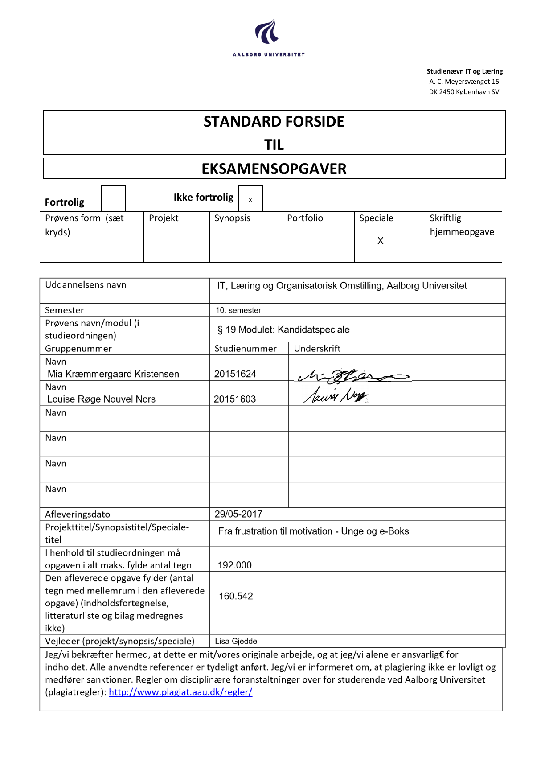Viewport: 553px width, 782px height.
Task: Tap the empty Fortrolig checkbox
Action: [113, 198]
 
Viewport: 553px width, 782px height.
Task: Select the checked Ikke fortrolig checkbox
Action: [250, 199]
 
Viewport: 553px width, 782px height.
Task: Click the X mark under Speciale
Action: [380, 241]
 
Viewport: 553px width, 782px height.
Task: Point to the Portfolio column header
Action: [305, 218]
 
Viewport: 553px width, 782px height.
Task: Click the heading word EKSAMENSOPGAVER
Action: [274, 169]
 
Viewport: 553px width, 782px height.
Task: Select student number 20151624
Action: [235, 374]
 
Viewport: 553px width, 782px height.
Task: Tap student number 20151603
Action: [235, 399]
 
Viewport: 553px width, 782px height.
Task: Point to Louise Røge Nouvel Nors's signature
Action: [335, 395]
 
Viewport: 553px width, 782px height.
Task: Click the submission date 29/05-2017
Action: [238, 514]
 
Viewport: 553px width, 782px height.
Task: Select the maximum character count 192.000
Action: [234, 565]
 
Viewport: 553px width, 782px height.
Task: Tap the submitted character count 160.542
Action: [236, 596]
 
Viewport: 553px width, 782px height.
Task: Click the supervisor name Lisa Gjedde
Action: [236, 641]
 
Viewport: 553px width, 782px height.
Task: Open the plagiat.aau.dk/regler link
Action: [180, 692]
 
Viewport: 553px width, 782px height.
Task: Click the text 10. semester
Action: [238, 310]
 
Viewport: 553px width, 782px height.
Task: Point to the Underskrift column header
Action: [317, 349]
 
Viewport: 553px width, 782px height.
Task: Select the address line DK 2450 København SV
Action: [464, 92]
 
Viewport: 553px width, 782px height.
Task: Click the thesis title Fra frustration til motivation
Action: [313, 531]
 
